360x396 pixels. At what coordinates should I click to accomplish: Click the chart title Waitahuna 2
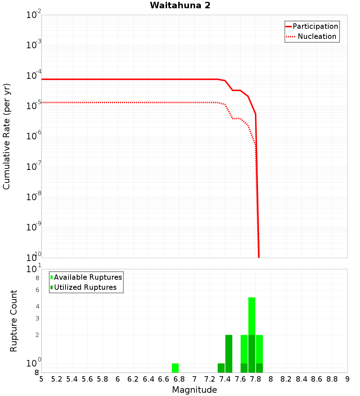pos(180,5)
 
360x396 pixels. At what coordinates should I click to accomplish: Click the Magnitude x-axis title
pos(194,390)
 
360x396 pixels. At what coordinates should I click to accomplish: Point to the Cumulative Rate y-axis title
pos(6,136)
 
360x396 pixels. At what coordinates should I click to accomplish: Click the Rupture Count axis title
pos(14,321)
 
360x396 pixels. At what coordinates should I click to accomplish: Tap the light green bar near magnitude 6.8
pos(175,368)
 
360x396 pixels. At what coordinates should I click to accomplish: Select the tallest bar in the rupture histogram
pos(252,335)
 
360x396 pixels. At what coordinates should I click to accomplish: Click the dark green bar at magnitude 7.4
pos(229,354)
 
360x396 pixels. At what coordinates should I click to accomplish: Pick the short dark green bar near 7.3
pos(221,368)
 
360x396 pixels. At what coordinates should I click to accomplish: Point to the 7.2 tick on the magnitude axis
pos(210,379)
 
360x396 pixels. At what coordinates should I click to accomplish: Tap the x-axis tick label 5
pos(41,379)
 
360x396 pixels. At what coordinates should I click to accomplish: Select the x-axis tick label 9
pos(347,379)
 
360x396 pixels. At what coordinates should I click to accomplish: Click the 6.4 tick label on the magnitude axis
pos(148,379)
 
